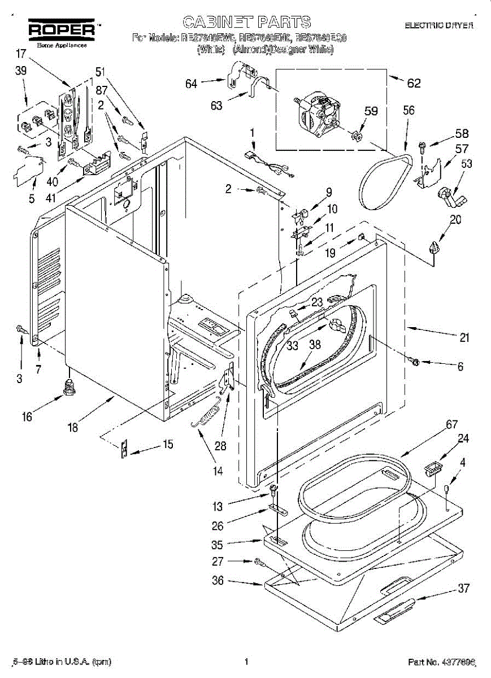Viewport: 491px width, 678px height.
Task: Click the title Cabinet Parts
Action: (246, 22)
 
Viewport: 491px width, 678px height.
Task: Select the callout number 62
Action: (414, 83)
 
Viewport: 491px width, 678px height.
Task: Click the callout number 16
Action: (27, 418)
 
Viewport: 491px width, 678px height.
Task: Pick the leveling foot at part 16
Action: (69, 388)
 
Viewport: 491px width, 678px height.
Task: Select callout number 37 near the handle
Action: (463, 588)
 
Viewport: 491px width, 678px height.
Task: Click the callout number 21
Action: (464, 338)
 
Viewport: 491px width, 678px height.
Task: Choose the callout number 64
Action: (191, 84)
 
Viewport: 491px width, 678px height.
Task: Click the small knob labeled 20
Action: (433, 247)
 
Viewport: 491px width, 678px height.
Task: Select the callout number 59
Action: (370, 111)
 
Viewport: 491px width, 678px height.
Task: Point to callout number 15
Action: (167, 444)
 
